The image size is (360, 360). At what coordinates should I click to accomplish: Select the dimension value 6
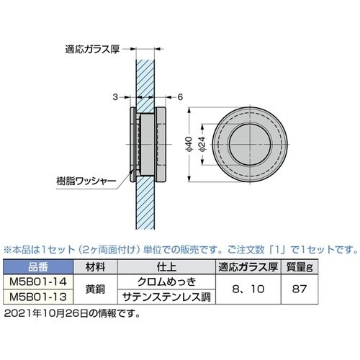pyautogui.click(x=178, y=96)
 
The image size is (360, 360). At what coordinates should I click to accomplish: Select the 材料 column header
pyautogui.click(x=96, y=266)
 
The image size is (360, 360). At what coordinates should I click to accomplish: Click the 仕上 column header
pyautogui.click(x=166, y=266)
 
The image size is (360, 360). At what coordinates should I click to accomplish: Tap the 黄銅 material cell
pyautogui.click(x=96, y=289)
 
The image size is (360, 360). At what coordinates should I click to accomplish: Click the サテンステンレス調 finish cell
pyautogui.click(x=166, y=296)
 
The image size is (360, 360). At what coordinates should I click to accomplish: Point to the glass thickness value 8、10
pyautogui.click(x=248, y=289)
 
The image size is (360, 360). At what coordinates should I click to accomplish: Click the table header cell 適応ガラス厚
pyautogui.click(x=248, y=266)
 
